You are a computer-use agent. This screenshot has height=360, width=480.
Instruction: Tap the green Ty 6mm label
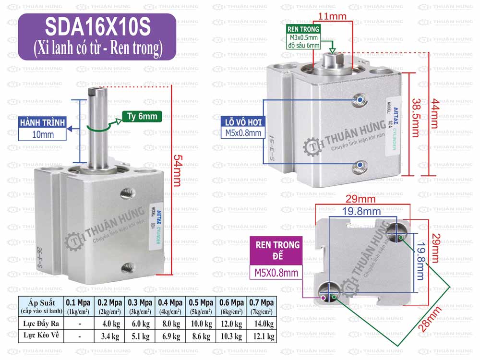[142, 116]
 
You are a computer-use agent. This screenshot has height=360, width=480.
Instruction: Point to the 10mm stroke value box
[42, 134]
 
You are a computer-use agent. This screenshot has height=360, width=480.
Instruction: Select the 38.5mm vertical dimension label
[416, 117]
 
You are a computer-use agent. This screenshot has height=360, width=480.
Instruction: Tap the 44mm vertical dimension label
[434, 118]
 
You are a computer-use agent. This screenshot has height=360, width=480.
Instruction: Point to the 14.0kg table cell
[262, 324]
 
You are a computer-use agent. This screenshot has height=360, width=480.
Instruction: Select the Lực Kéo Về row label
[40, 336]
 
